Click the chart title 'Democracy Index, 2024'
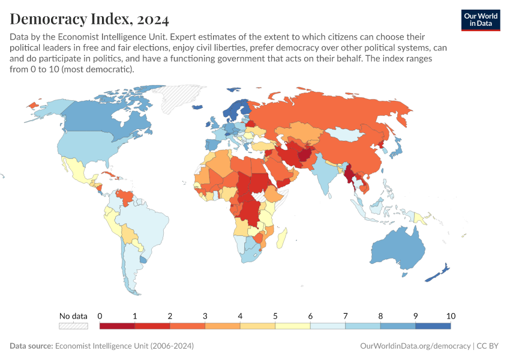[89, 19]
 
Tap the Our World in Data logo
[480, 19]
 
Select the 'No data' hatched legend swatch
[73, 326]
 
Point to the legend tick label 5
[275, 316]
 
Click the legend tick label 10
[451, 316]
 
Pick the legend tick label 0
[100, 316]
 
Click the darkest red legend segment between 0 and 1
[117, 326]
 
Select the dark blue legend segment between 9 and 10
[433, 326]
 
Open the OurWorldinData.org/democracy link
[415, 346]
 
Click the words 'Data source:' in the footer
[31, 346]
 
